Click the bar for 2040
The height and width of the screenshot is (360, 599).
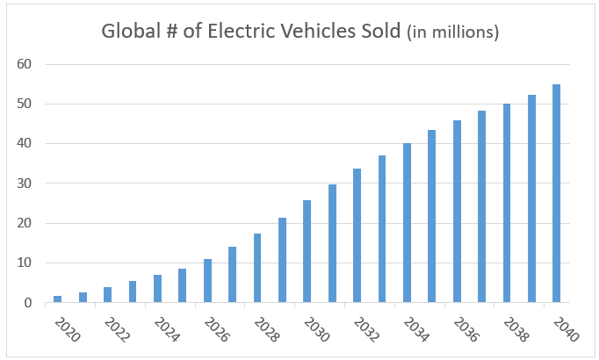click(556, 193)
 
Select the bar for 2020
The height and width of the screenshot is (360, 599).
click(57, 299)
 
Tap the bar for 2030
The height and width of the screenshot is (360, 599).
click(307, 251)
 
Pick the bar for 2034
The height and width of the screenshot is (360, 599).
click(407, 222)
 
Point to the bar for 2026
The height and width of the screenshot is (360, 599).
click(207, 281)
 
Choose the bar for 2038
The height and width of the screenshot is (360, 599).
click(507, 203)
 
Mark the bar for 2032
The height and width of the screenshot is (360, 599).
click(357, 235)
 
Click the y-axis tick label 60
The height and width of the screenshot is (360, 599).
click(24, 64)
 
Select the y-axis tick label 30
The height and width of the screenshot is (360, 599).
click(24, 184)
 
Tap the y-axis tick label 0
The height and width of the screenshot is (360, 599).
click(28, 303)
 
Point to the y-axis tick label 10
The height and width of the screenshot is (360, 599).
click(24, 263)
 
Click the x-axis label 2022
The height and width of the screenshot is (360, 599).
click(117, 330)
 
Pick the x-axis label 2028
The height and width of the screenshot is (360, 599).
click(267, 330)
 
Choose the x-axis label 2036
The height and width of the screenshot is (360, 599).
click(466, 330)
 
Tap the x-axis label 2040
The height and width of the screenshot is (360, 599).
click(567, 330)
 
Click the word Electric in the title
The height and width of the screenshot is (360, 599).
click(242, 31)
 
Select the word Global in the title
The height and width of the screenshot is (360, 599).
click(131, 31)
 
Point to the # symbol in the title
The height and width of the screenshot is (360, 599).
click(172, 32)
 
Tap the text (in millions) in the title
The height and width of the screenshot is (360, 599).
click(453, 32)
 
